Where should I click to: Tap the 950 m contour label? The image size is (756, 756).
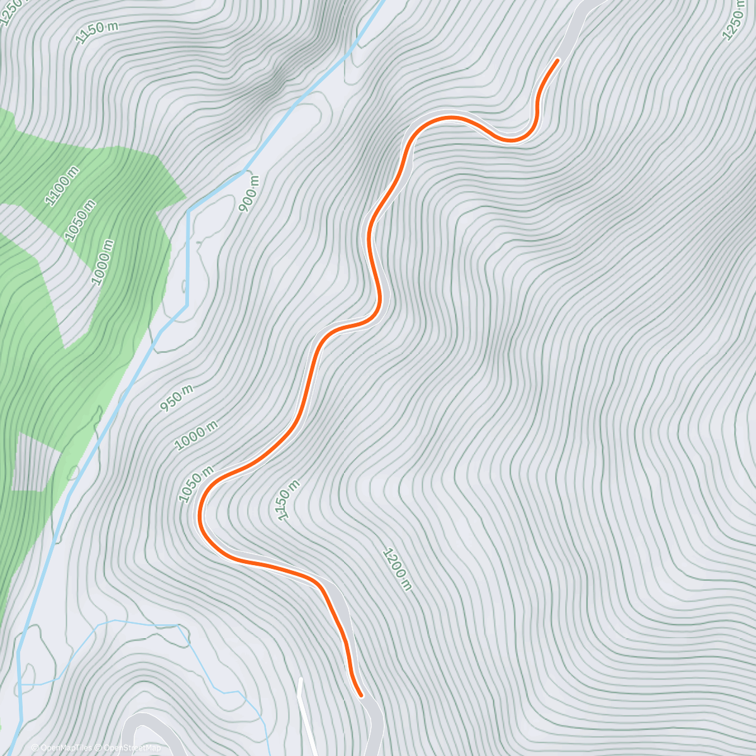click(176, 398)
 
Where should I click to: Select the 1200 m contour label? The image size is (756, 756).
click(397, 570)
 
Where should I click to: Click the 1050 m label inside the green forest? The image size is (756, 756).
click(81, 220)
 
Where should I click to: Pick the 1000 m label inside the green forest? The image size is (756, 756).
click(103, 261)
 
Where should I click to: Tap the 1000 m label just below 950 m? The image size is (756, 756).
click(196, 435)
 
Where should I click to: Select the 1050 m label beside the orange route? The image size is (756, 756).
click(197, 484)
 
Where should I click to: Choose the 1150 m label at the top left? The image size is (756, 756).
click(97, 31)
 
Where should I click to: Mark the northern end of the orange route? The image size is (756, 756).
click(558, 60)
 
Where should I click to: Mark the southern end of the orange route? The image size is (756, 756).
click(361, 696)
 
